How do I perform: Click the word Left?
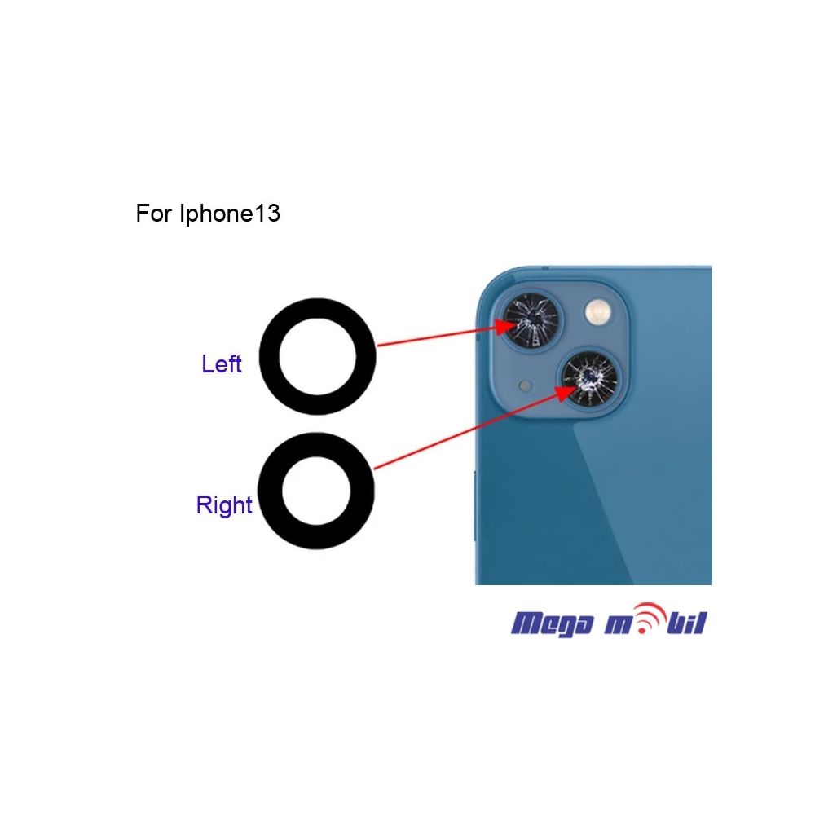222,363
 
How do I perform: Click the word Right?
224,505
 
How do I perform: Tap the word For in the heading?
153,213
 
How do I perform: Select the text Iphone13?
230,213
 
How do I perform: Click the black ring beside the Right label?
269,491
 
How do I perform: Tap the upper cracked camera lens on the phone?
531,319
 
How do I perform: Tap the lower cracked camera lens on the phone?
590,378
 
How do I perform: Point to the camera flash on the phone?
598,313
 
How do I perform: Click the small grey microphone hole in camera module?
525,385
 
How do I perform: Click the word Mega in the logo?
552,624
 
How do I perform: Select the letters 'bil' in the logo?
686,623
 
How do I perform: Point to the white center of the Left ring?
318,357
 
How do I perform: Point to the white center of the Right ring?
316,491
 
